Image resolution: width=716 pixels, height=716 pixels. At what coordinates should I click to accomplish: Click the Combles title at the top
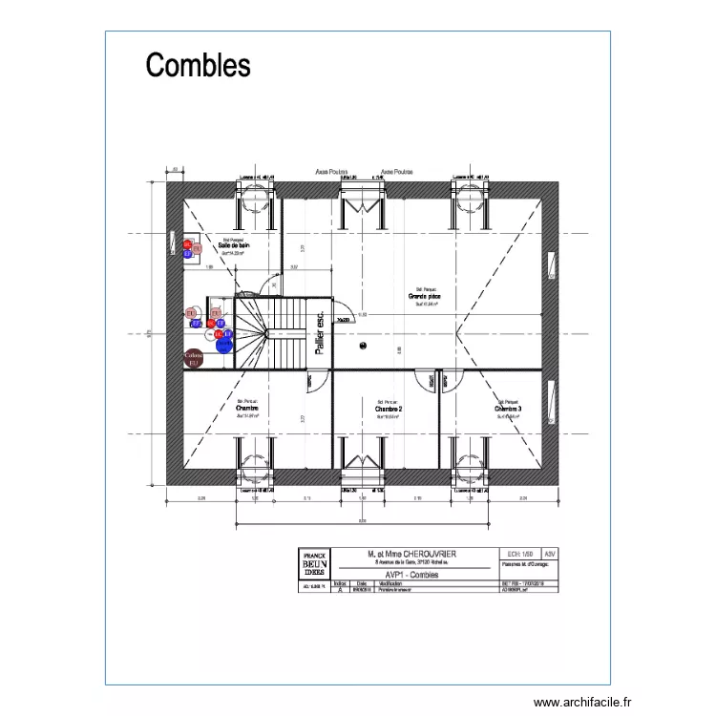[198, 65]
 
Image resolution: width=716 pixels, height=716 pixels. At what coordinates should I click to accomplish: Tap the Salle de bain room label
[233, 245]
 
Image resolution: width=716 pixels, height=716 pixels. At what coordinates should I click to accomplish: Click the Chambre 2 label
[388, 409]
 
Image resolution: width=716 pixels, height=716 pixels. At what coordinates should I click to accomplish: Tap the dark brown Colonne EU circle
[194, 359]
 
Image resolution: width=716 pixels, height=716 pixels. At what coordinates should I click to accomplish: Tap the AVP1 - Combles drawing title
[412, 576]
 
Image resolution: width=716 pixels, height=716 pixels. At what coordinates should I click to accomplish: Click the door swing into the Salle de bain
[268, 284]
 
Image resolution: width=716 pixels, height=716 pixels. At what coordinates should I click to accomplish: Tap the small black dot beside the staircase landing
[363, 346]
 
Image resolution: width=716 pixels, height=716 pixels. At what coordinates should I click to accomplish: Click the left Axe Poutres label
[330, 173]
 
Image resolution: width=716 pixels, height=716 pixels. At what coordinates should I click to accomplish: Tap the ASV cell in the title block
[549, 553]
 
